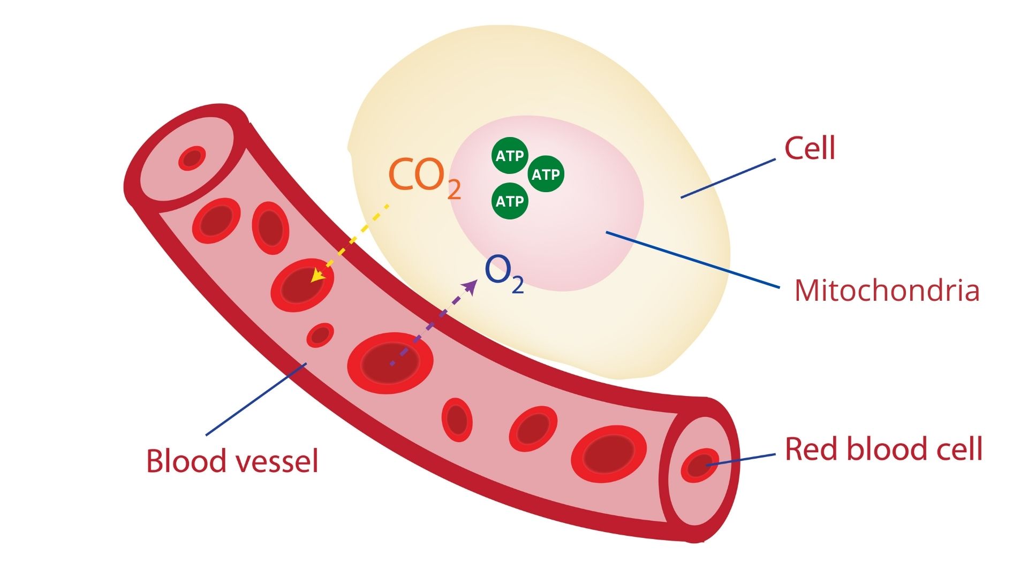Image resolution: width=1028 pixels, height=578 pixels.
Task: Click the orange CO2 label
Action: tap(423, 176)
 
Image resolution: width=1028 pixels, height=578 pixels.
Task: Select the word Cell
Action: tap(809, 148)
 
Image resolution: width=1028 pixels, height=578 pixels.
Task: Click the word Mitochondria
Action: tap(886, 291)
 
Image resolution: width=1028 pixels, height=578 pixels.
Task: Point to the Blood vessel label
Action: tap(232, 461)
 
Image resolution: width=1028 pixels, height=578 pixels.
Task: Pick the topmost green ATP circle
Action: tap(510, 156)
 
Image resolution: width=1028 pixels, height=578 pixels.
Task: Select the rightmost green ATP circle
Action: tap(546, 174)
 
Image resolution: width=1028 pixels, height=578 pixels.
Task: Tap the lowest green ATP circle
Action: tap(510, 201)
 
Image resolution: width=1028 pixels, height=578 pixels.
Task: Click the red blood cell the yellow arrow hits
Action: tap(302, 285)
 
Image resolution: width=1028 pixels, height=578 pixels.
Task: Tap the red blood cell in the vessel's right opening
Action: tap(700, 466)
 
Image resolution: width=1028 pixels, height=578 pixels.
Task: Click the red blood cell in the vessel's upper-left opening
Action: tap(192, 158)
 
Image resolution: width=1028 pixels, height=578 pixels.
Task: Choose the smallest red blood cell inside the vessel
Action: tap(320, 335)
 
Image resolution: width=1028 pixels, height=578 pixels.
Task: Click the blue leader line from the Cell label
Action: tap(728, 178)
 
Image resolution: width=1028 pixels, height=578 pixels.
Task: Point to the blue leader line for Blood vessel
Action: tap(256, 399)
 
